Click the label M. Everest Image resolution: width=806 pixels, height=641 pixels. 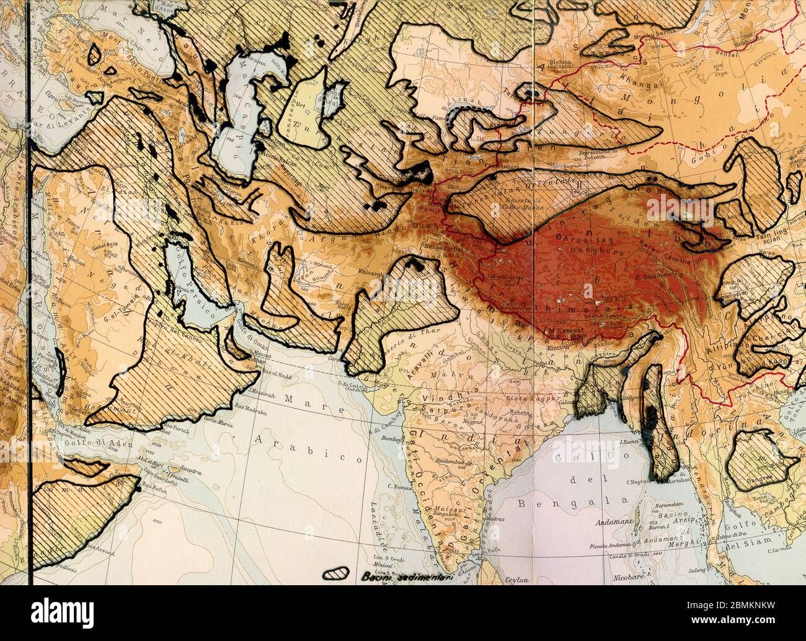tap(566, 331)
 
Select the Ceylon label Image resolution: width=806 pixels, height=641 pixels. tap(516, 580)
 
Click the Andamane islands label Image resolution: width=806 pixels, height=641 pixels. tap(614, 523)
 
